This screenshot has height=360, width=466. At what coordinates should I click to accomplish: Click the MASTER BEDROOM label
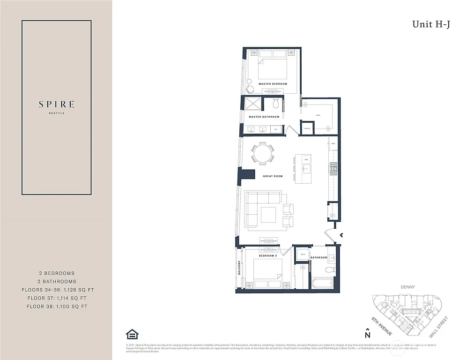pyautogui.click(x=273, y=84)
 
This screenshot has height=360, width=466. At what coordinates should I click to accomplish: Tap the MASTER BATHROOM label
pyautogui.click(x=264, y=117)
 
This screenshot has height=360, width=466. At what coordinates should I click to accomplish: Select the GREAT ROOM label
pyautogui.click(x=273, y=176)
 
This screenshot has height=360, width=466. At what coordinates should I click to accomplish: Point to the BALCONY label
pyautogui.click(x=239, y=268)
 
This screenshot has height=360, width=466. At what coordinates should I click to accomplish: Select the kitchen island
pyautogui.click(x=305, y=169)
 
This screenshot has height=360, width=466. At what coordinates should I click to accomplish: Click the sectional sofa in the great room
pyautogui.click(x=262, y=207)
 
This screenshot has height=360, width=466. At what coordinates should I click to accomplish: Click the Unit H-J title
pyautogui.click(x=431, y=24)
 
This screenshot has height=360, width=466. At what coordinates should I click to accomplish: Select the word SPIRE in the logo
pyautogui.click(x=57, y=104)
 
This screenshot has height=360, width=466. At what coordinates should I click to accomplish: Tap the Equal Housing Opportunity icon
pyautogui.click(x=132, y=334)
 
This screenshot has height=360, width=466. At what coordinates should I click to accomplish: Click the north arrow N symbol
pyautogui.click(x=368, y=334)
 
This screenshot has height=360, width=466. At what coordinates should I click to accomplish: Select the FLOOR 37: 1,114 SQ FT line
pyautogui.click(x=57, y=298)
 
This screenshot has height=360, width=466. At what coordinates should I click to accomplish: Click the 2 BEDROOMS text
pyautogui.click(x=57, y=273)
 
